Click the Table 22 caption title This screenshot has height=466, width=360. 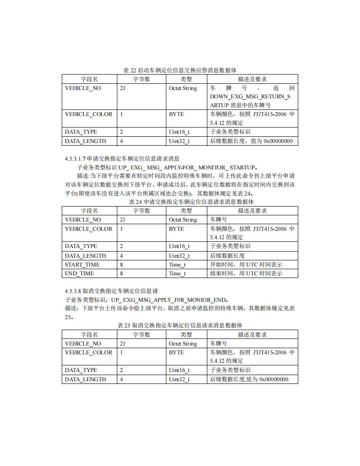tap(180, 70)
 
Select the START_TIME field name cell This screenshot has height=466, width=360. tap(82, 265)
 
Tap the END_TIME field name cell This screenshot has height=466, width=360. tap(79, 274)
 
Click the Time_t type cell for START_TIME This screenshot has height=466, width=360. tap(177, 265)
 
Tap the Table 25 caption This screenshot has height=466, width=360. tap(180, 325)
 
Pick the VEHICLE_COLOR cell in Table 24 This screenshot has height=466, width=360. tap(89, 229)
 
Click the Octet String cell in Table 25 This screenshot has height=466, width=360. tap(183, 344)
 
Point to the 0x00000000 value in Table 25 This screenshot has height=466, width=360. tap(274, 380)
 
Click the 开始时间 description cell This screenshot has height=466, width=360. tap(246, 265)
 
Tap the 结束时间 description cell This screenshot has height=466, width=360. tap(246, 274)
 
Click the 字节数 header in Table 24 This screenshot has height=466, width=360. tap(142, 211)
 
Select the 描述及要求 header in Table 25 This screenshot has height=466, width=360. tap(252, 334)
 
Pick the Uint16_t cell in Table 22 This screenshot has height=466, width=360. tap(179, 132)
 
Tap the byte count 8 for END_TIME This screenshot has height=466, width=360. tap(121, 274)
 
